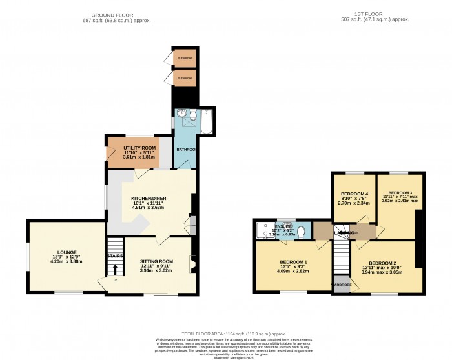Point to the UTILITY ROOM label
(x=136, y=148)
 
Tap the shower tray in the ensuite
(x=265, y=230)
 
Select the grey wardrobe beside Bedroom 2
(x=341, y=285)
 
